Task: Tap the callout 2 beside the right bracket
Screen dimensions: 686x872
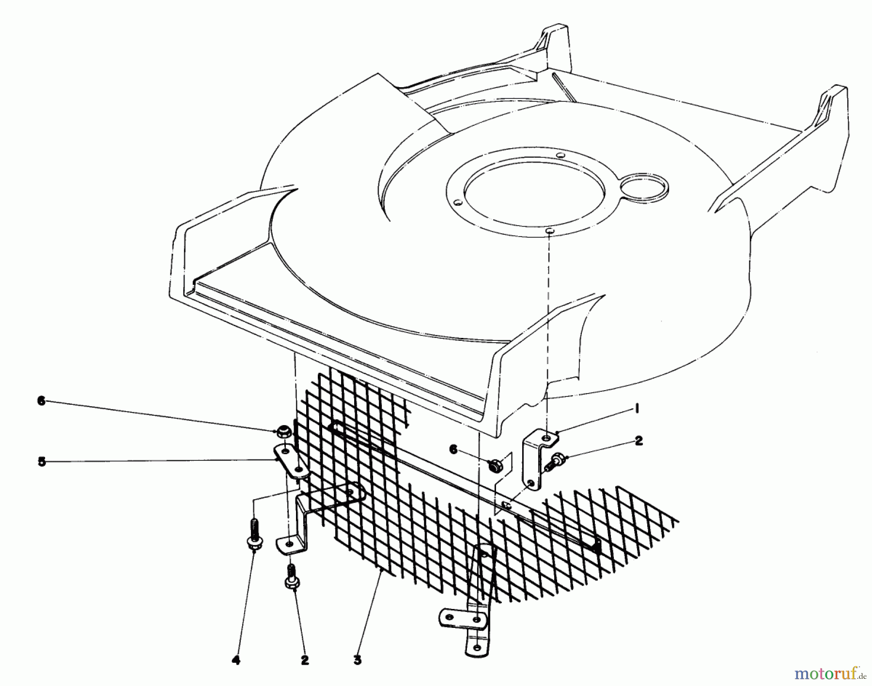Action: [x=638, y=441]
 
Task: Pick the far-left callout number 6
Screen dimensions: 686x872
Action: [x=41, y=401]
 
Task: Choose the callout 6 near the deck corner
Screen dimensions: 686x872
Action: [x=453, y=450]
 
